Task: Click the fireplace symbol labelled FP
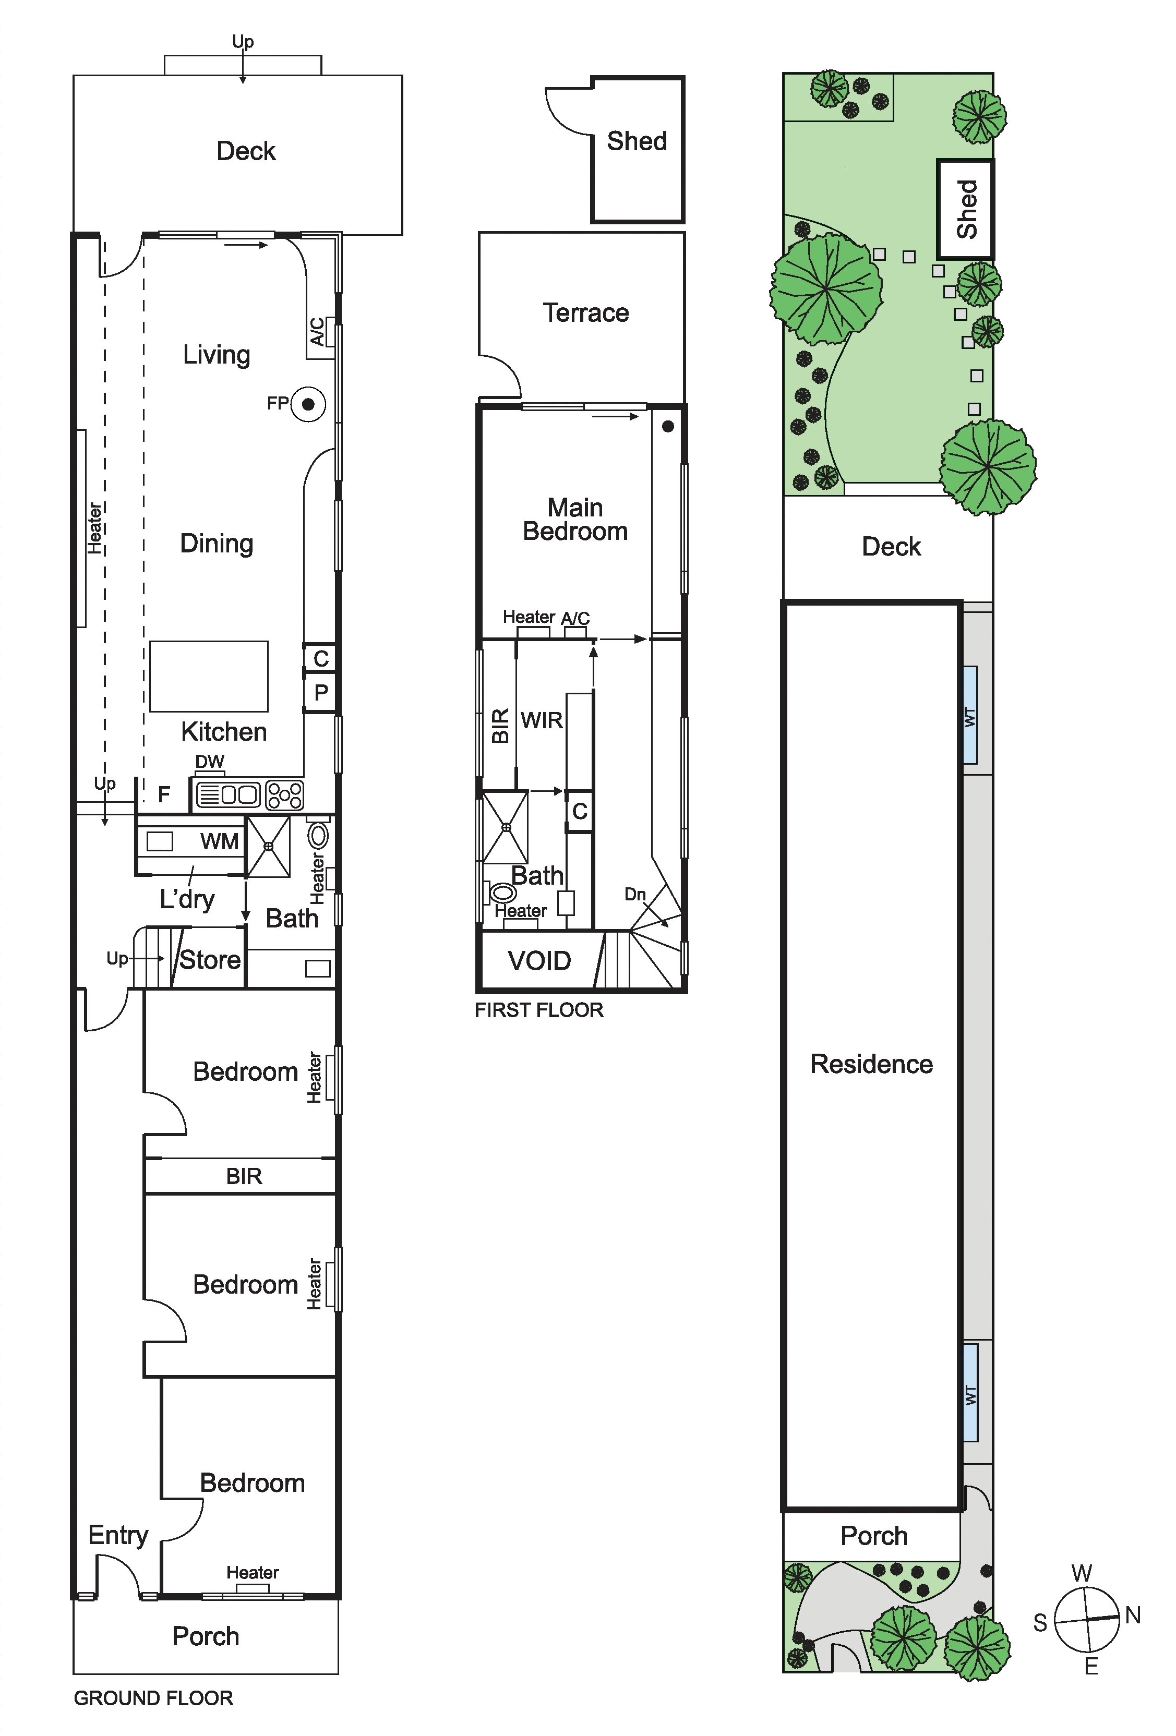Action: (x=308, y=404)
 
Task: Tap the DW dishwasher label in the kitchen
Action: (x=210, y=761)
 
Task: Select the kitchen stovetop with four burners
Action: (x=285, y=795)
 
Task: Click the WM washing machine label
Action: (x=220, y=841)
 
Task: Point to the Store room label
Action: (x=210, y=959)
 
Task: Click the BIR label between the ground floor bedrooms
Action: (x=244, y=1176)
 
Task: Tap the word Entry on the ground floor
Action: (x=118, y=1536)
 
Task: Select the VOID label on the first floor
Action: (x=539, y=961)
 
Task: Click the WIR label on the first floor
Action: (x=542, y=720)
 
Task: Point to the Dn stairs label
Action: (x=635, y=894)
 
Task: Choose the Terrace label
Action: (x=586, y=312)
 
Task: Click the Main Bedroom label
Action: (x=575, y=519)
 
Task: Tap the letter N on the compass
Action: (x=1133, y=1615)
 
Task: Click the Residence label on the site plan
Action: (x=872, y=1064)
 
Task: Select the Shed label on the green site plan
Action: (x=967, y=209)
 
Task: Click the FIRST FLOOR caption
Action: (x=538, y=1010)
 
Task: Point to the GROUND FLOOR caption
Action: (x=153, y=1698)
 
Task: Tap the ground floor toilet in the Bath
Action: (x=319, y=834)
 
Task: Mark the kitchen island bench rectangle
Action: (x=209, y=676)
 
